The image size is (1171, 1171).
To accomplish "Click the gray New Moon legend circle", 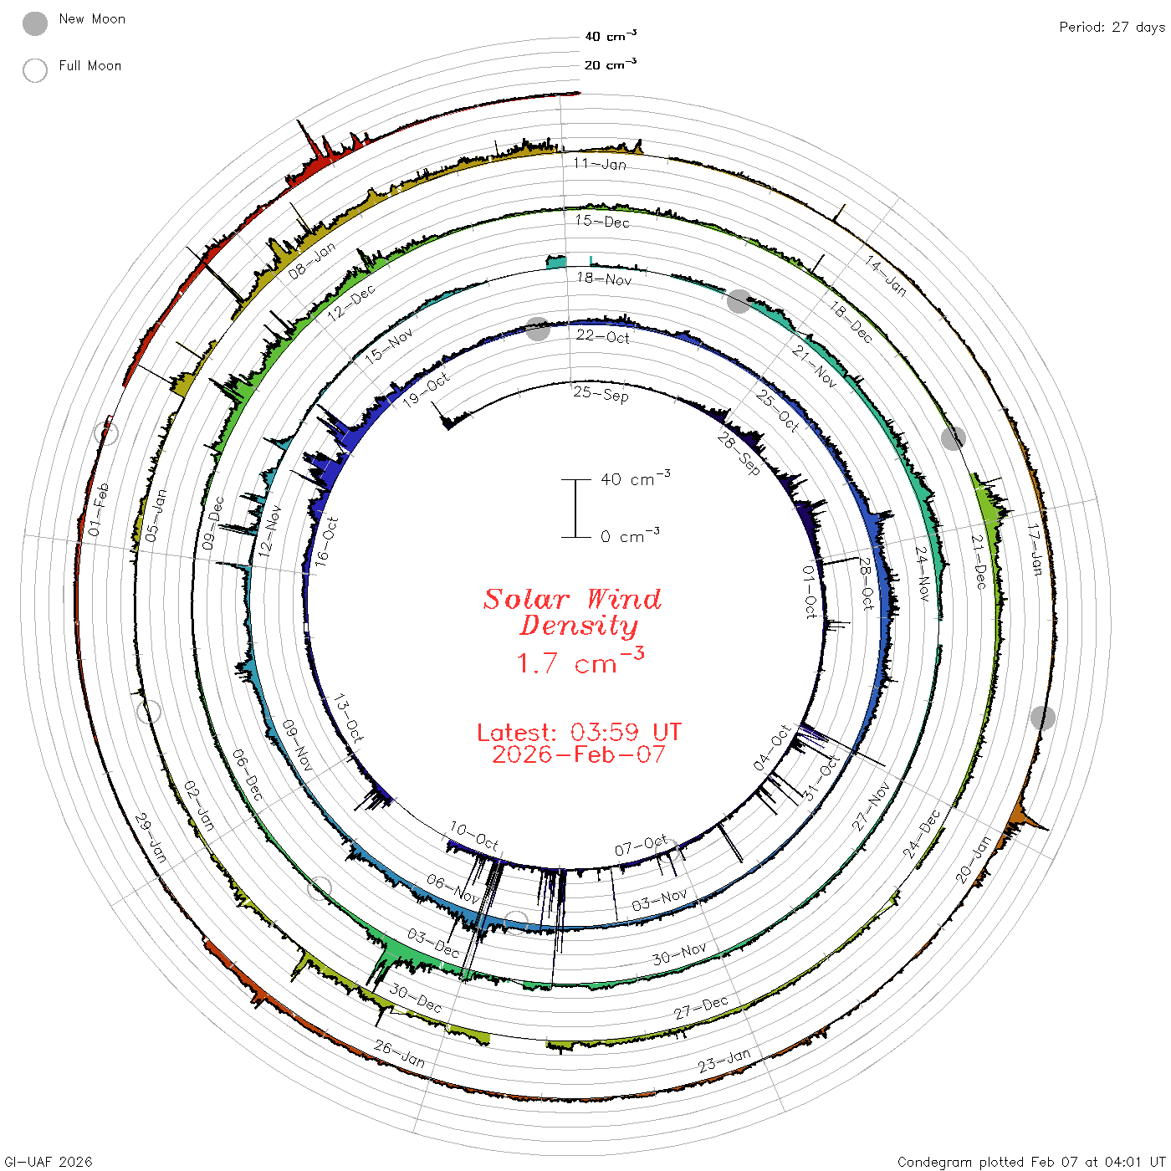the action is pos(34,23).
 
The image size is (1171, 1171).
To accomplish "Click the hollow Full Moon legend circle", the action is pos(34,70).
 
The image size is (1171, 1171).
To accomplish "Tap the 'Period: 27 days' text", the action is pos(1112,27).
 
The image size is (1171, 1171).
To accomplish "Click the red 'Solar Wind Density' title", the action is pos(572,611).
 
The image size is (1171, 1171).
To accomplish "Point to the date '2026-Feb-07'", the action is pos(579,754).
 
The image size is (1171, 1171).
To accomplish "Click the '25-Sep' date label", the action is pos(601,394).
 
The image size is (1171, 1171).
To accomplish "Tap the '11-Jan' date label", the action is pos(599,163).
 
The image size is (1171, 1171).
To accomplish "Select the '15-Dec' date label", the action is pos(601,221).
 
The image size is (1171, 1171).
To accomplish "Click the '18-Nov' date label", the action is pos(603,279).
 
